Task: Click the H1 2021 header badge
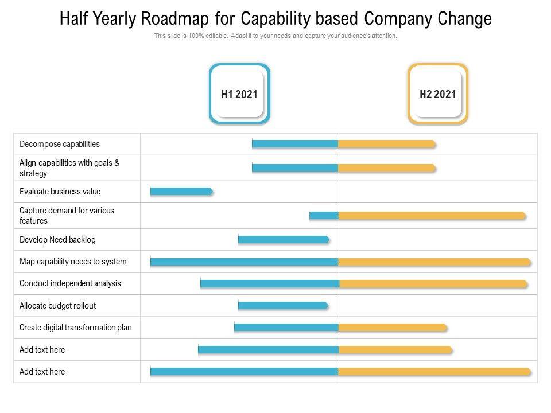(x=239, y=94)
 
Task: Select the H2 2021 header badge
(x=438, y=94)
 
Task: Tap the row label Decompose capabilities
(x=60, y=144)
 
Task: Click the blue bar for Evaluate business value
(x=181, y=192)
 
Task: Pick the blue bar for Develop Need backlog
(x=284, y=240)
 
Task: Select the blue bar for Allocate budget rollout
(x=283, y=306)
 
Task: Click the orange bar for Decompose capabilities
(x=387, y=144)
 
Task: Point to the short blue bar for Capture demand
(x=324, y=216)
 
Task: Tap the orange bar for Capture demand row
(x=432, y=216)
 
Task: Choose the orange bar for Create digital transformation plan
(x=393, y=328)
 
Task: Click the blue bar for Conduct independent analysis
(x=270, y=283)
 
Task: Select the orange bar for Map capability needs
(x=435, y=262)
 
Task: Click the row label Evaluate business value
(x=60, y=192)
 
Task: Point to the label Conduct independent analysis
(x=70, y=283)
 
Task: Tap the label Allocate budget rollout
(x=57, y=306)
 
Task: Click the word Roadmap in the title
(x=173, y=19)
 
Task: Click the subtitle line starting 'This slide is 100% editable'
(x=275, y=36)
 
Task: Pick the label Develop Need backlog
(x=57, y=240)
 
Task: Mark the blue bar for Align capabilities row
(x=295, y=168)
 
